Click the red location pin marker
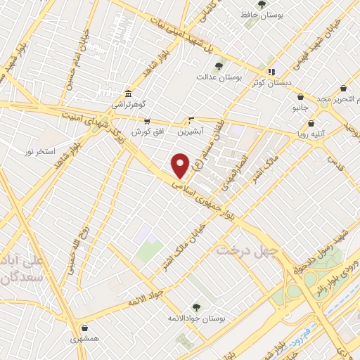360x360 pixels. (x=181, y=165)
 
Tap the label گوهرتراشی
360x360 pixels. (x=128, y=104)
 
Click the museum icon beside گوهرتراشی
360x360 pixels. (x=127, y=94)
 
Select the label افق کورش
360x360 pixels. (x=147, y=131)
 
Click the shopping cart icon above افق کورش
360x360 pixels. (x=147, y=122)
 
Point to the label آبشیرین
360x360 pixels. (x=190, y=131)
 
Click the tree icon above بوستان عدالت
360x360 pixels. (x=219, y=66)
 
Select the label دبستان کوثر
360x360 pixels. (x=271, y=81)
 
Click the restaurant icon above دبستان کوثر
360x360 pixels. (x=271, y=71)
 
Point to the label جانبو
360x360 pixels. (x=301, y=108)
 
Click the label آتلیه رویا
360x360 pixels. (x=311, y=132)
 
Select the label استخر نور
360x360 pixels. (x=39, y=152)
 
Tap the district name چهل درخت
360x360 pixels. (x=247, y=250)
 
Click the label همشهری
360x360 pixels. (x=85, y=338)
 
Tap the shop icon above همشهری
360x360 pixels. (x=85, y=328)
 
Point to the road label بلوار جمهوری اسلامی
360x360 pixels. (x=211, y=199)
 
